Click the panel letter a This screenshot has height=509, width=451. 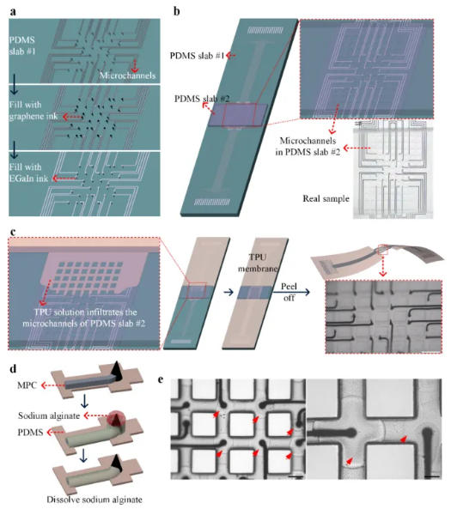(x=13, y=12)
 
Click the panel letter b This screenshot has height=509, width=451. (x=176, y=11)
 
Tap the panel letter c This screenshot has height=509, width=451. (x=13, y=233)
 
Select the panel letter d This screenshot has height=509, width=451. (x=14, y=369)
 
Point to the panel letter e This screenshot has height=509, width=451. (x=161, y=379)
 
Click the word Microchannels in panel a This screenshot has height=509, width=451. (x=127, y=76)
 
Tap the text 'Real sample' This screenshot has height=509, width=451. (x=326, y=198)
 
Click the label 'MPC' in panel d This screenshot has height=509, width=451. (x=27, y=385)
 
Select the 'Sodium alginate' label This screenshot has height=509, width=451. (x=49, y=415)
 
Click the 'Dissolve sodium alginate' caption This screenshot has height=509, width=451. (x=94, y=500)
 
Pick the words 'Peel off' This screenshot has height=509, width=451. (x=289, y=292)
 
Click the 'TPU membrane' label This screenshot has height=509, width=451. (x=258, y=263)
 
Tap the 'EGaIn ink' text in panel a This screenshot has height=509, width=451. (x=28, y=179)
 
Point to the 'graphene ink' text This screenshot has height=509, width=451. (x=34, y=116)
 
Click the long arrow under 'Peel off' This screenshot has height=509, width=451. (x=291, y=292)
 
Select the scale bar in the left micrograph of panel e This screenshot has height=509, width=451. (x=296, y=477)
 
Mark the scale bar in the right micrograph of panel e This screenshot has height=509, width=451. (x=432, y=476)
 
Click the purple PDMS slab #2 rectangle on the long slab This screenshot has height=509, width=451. (x=238, y=115)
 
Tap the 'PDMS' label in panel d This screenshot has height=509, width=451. (x=31, y=433)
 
